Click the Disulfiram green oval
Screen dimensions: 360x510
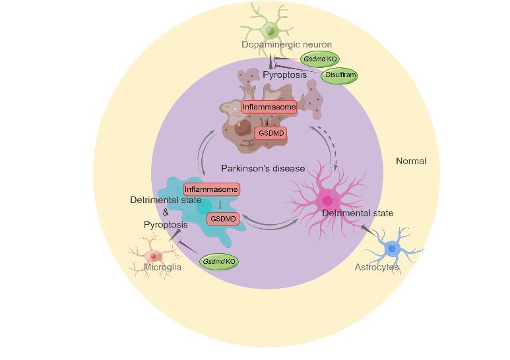pos(340,75)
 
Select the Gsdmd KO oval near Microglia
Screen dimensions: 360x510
pos(218,262)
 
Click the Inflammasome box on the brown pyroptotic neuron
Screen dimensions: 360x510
pos(269,107)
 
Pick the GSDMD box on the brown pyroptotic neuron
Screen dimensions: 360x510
pos(271,133)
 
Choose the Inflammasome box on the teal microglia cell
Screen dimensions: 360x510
pos(210,190)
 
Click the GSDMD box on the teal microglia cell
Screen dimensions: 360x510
pos(223,219)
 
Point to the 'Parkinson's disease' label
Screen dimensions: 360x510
pos(263,168)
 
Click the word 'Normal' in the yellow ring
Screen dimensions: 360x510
pos(411,161)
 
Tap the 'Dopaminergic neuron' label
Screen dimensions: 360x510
pos(277,45)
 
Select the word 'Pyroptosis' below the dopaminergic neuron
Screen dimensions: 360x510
pos(284,75)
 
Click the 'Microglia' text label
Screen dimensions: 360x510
pos(162,267)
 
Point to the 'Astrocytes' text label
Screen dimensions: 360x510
pos(377,267)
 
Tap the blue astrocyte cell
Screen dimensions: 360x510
pos(392,249)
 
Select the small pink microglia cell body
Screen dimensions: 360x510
pos(153,256)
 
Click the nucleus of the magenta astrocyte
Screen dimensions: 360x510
pos(327,200)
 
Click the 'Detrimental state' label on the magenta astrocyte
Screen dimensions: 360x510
pos(357,213)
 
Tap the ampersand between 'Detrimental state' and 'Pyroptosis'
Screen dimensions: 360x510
pos(166,212)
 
